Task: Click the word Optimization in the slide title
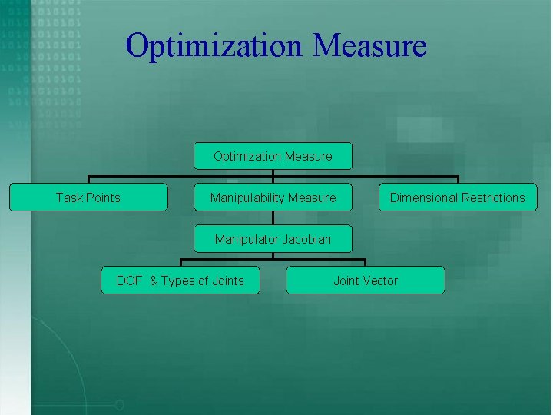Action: pos(214,46)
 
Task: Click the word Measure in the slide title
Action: pos(369,45)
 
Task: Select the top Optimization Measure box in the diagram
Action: pos(273,156)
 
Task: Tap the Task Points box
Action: pos(88,198)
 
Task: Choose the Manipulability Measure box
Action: pos(273,198)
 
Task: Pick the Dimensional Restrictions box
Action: pos(457,198)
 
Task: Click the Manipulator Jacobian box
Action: pos(273,239)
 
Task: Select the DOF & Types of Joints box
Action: pos(180,281)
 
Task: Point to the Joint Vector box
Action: pos(365,281)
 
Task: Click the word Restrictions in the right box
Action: pos(491,198)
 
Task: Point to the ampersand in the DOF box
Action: pos(153,281)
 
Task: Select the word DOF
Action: pos(129,281)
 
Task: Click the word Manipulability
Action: pos(247,198)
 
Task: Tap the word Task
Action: pos(69,198)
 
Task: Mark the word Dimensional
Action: pos(422,198)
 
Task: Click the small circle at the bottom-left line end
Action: pos(119,404)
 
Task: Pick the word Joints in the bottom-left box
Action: pos(227,281)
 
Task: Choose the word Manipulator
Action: pos(247,239)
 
